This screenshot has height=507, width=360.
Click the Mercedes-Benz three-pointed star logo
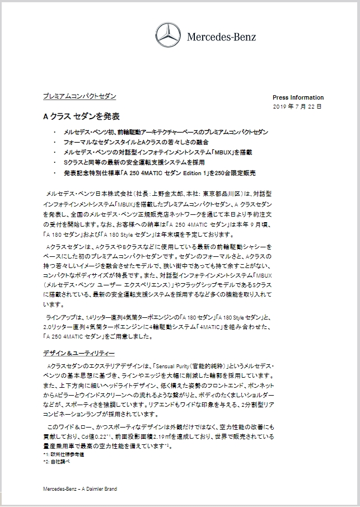click(166, 36)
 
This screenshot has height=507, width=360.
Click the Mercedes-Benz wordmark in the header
click(222, 37)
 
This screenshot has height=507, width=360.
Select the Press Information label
click(298, 97)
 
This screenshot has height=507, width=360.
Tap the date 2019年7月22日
click(298, 106)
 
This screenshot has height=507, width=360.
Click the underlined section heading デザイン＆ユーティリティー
click(79, 354)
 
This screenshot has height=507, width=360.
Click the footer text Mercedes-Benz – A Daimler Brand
click(80, 489)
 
